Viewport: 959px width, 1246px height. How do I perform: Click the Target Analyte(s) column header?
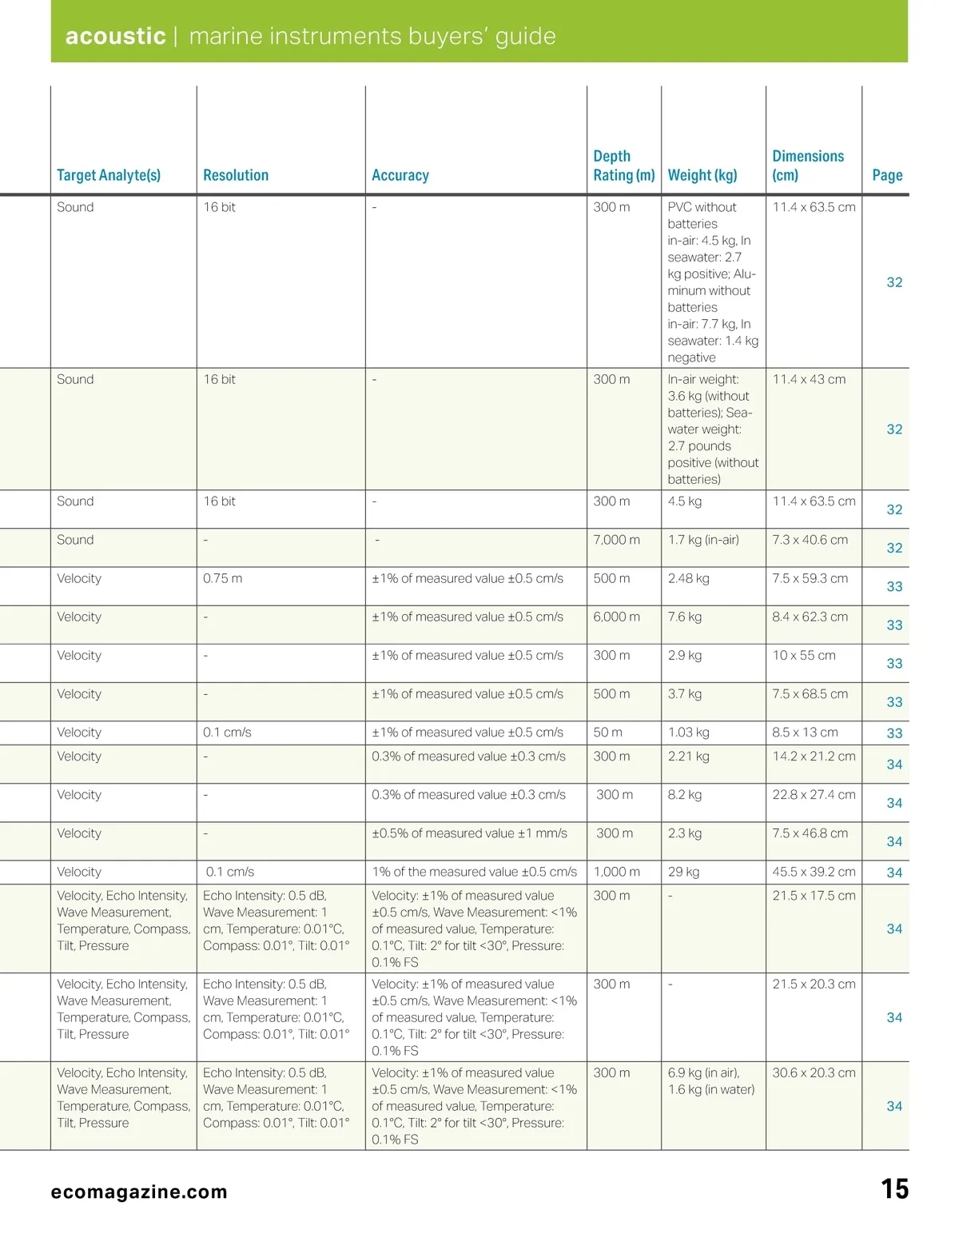109,175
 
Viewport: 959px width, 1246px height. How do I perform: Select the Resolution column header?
236,175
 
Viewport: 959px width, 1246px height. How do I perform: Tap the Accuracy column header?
400,175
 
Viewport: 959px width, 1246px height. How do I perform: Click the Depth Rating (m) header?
623,166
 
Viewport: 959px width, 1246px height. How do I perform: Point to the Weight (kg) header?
702,175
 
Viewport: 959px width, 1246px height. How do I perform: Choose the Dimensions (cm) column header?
808,166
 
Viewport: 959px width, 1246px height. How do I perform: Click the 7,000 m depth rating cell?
616,540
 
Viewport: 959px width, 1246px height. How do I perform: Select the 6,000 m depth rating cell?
616,617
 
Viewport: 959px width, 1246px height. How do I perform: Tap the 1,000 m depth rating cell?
616,872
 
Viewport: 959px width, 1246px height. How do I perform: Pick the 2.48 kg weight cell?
689,578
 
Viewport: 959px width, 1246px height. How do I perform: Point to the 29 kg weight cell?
684,872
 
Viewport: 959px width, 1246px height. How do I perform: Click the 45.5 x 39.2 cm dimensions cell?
814,872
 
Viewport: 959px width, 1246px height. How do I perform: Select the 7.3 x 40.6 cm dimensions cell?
810,540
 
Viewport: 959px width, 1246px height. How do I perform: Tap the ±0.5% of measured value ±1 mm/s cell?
470,833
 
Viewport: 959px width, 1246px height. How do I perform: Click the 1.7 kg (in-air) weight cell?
703,540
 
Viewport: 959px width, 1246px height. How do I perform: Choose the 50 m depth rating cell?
607,733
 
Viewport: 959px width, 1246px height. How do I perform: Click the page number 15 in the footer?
895,1189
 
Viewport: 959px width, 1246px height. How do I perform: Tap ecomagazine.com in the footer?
139,1192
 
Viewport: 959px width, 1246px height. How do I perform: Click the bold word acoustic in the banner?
115,36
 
